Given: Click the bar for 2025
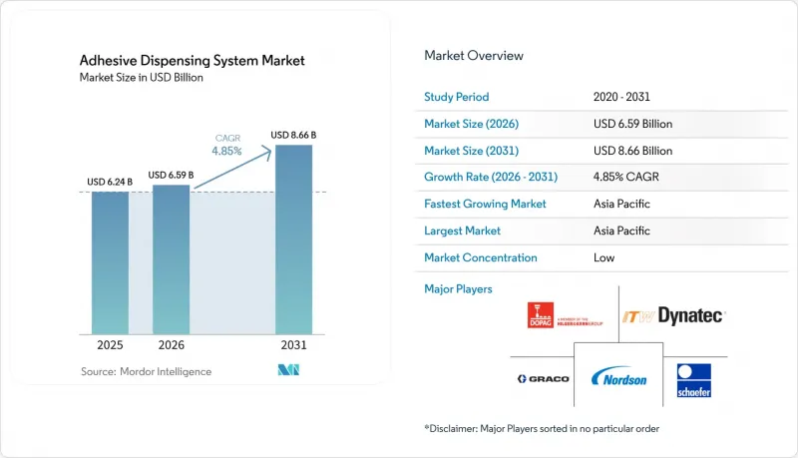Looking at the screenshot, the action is [110, 263].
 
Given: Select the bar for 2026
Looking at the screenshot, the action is [171, 259].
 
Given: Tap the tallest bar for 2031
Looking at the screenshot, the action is [293, 239].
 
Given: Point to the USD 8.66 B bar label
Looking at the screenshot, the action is [293, 135].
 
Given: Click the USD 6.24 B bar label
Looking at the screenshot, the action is [110, 182].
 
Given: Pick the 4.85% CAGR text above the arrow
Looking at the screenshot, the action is [227, 145].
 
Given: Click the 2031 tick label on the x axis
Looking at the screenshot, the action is [293, 345].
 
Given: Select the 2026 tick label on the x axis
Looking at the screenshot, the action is [171, 345].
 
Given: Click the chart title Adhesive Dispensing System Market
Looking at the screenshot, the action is [192, 61].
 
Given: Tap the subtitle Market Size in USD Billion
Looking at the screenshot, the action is [141, 78].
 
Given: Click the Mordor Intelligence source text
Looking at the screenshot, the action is [146, 371].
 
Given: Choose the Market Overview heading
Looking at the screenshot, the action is [473, 56].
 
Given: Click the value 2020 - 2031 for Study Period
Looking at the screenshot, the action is [621, 97].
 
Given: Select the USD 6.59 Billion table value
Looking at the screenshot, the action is [632, 124].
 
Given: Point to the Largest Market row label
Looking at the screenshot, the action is [462, 231].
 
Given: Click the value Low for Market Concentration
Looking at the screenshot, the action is [603, 258].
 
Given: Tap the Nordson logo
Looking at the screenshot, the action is [618, 377].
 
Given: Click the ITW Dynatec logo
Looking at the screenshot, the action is [673, 316].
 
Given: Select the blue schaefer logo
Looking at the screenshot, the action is [693, 380].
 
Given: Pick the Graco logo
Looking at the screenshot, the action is [543, 378].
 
